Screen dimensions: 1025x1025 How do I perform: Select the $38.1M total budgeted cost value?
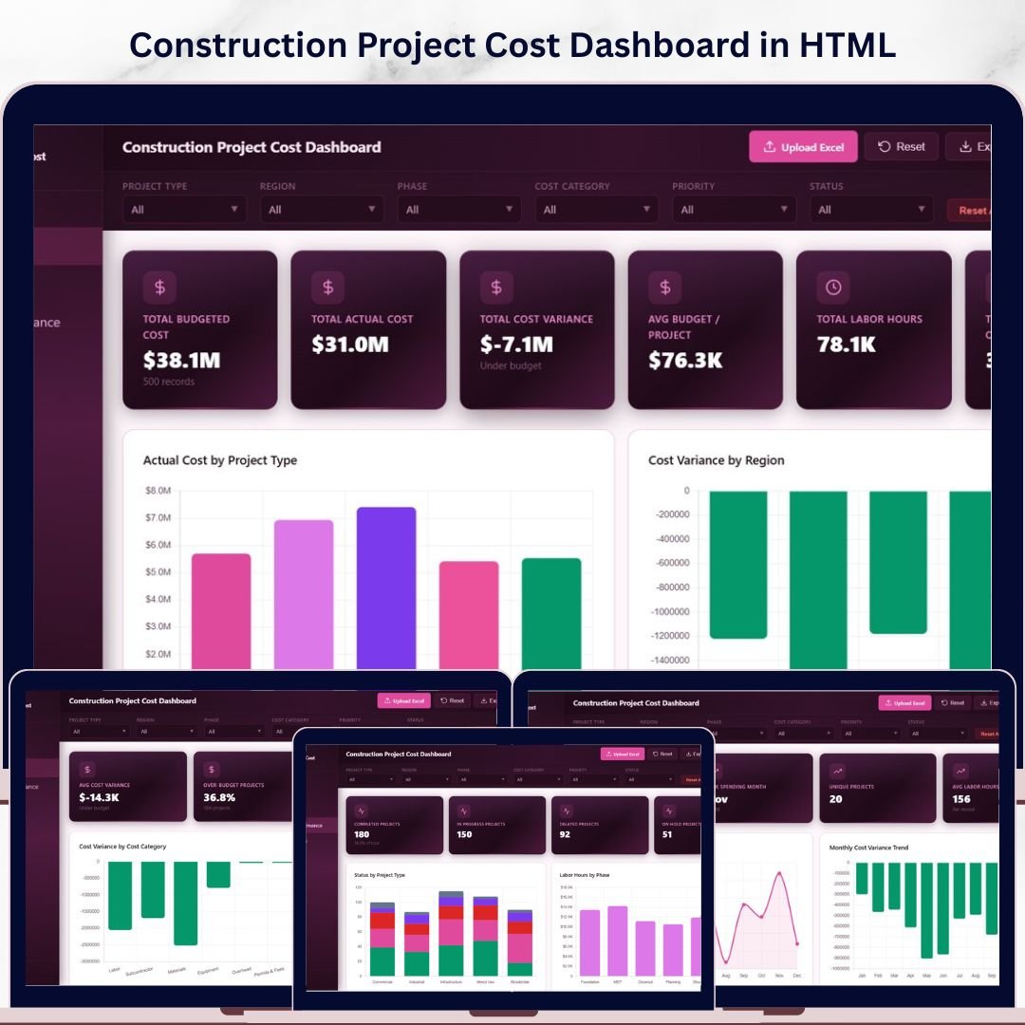(181, 361)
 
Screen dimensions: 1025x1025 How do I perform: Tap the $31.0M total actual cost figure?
(350, 345)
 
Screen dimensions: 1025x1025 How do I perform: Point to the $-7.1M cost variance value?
(517, 345)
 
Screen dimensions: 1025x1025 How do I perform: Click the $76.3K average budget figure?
(685, 361)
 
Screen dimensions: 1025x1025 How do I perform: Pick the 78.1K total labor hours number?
(846, 345)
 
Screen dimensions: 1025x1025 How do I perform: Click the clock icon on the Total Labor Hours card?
(832, 287)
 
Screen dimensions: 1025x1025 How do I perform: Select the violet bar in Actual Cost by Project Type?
(386, 587)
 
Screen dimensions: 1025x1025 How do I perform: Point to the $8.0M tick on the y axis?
(158, 491)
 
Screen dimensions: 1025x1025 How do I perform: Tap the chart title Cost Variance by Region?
(716, 460)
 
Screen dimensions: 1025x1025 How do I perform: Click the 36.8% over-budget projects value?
(219, 798)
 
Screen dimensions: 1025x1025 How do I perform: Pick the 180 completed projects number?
(362, 835)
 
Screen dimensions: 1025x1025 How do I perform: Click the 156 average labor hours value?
(961, 799)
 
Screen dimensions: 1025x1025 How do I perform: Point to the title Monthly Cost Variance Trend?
(867, 848)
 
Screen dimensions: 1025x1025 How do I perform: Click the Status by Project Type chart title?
(380, 875)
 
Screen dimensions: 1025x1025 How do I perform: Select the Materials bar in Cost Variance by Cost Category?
(185, 903)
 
